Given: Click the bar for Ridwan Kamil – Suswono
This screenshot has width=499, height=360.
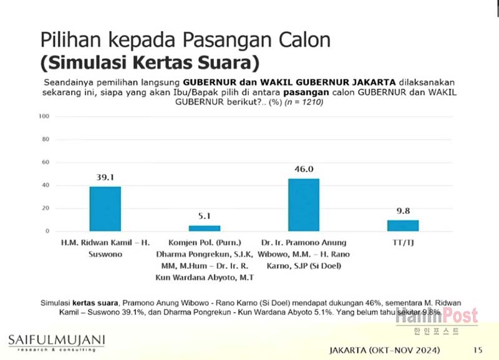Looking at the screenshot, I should pyautogui.click(x=105, y=209).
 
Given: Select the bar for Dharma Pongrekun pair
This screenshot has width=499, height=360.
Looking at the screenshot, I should pyautogui.click(x=205, y=228).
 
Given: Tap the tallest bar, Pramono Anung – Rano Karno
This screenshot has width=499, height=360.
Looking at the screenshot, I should pyautogui.click(x=303, y=205).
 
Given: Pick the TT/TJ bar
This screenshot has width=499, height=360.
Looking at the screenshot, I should pyautogui.click(x=402, y=225).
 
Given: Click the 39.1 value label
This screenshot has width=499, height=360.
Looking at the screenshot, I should pyautogui.click(x=105, y=177).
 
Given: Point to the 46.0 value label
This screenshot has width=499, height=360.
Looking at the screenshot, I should pyautogui.click(x=303, y=169).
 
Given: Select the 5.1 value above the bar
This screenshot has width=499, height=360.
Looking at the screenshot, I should pyautogui.click(x=205, y=216).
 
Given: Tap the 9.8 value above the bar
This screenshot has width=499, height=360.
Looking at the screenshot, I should pyautogui.click(x=402, y=211).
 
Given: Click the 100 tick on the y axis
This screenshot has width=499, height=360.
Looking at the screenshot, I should pyautogui.click(x=44, y=117).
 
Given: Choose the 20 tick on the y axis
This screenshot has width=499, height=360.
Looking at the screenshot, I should pyautogui.click(x=46, y=208).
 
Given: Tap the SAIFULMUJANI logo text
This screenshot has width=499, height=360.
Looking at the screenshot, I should pyautogui.click(x=56, y=340).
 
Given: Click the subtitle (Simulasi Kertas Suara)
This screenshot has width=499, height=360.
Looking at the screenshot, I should pyautogui.click(x=150, y=63).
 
